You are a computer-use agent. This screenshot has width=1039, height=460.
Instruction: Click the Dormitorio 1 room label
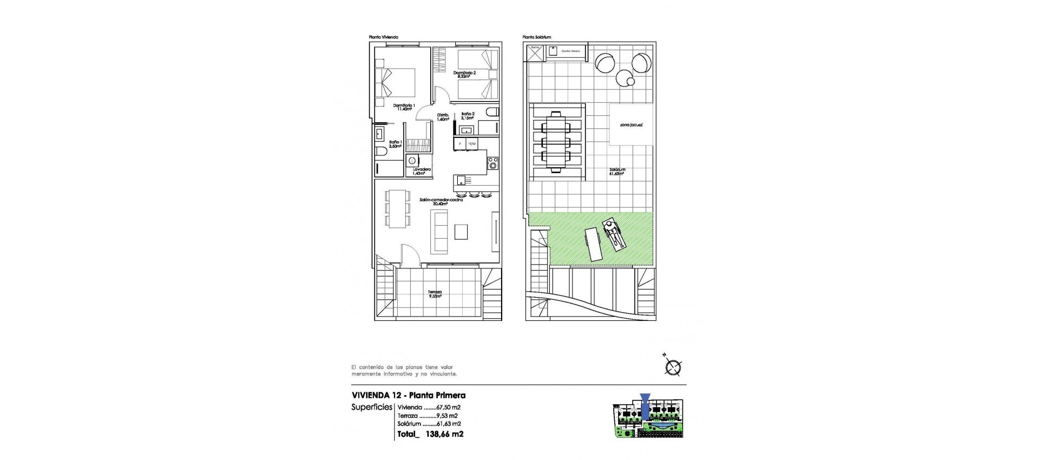click(404, 107)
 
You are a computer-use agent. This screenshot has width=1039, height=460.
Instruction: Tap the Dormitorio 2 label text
click(465, 75)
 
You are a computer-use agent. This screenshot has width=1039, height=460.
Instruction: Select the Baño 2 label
click(468, 116)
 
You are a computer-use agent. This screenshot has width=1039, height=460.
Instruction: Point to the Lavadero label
click(422, 171)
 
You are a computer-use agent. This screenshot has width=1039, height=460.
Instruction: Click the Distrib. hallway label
click(443, 117)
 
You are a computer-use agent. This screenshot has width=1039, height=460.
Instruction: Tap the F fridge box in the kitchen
click(460, 143)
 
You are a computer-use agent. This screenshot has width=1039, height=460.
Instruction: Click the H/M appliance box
click(472, 143)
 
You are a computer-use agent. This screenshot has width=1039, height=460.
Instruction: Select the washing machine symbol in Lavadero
click(413, 160)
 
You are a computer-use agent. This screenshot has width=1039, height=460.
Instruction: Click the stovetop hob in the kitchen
click(492, 162)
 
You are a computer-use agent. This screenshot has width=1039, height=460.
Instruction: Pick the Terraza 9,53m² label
click(435, 294)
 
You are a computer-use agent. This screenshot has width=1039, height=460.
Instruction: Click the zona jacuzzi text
click(631, 124)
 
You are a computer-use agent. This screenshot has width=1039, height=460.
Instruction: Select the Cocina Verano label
click(570, 51)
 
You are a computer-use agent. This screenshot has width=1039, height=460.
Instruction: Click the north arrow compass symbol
click(673, 367)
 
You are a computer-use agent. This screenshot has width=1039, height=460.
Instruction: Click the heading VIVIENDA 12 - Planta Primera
click(408, 396)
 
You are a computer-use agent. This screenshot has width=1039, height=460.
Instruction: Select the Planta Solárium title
click(536, 37)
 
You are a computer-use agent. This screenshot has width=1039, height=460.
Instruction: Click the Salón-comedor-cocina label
click(441, 201)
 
